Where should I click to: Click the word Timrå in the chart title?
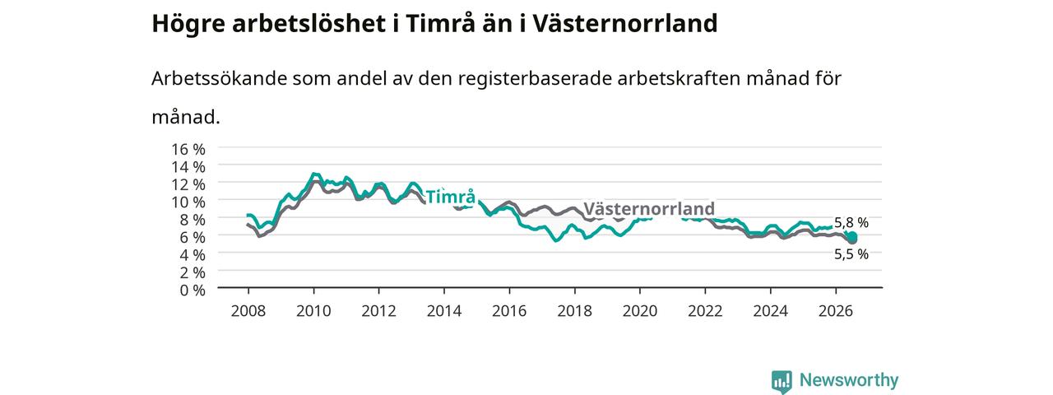click(x=440, y=24)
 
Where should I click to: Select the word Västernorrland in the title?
click(x=624, y=24)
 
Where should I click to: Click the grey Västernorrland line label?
click(x=649, y=208)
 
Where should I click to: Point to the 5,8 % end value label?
click(x=851, y=222)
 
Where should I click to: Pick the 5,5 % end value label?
click(x=851, y=254)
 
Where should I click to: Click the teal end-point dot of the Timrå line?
click(x=851, y=236)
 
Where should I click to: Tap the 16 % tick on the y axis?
click(x=188, y=150)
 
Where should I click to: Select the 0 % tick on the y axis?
click(x=193, y=290)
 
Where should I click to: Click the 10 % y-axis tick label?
click(x=188, y=202)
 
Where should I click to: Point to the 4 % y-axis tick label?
click(x=193, y=255)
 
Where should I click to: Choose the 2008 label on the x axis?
click(x=248, y=311)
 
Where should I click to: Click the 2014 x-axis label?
click(x=443, y=311)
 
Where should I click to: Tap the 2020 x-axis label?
click(x=640, y=311)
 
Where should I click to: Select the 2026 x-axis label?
click(x=835, y=311)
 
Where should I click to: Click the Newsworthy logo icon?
click(x=782, y=381)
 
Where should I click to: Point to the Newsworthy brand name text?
click(x=849, y=380)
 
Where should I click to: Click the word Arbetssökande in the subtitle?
click(x=219, y=78)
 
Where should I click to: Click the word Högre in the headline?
click(x=188, y=25)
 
